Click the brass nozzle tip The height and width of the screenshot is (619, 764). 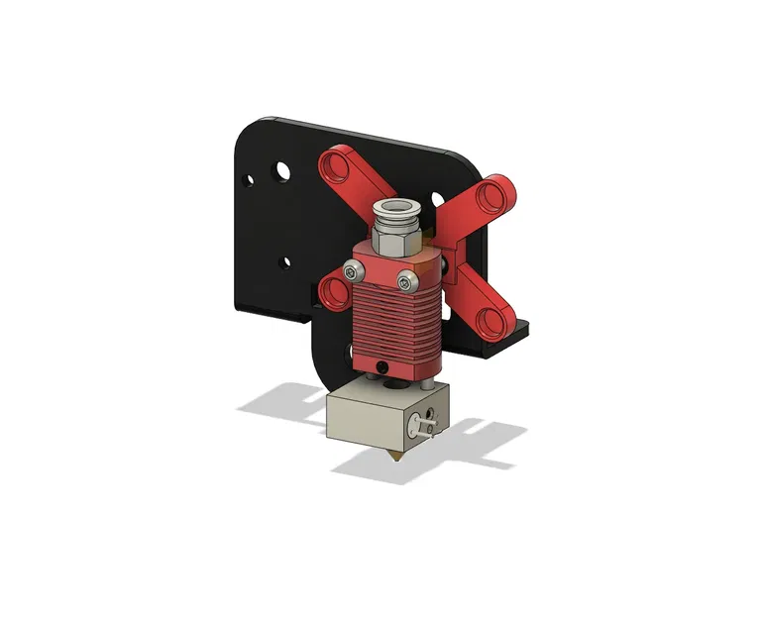[x=394, y=455]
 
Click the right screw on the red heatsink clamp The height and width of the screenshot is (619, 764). [x=404, y=283]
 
